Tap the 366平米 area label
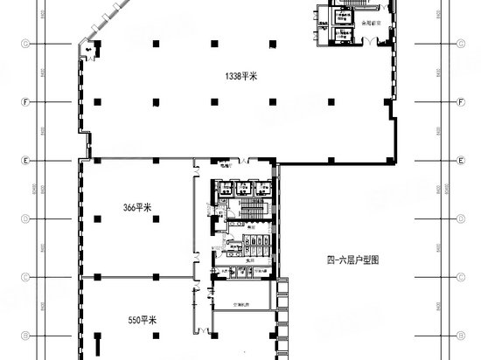click(x=137, y=207)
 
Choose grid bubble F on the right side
click(x=460, y=102)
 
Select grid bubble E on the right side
click(x=460, y=162)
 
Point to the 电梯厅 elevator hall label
click(x=226, y=168)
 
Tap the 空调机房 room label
click(x=240, y=305)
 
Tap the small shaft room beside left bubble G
click(x=90, y=50)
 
